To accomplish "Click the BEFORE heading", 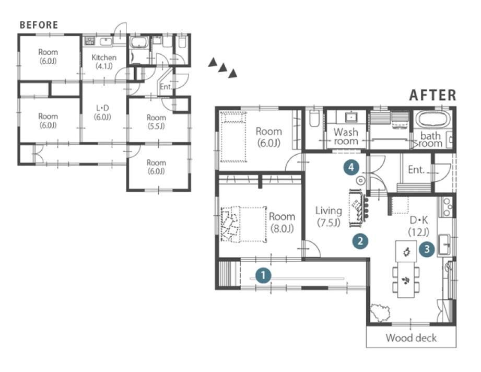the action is [39, 25].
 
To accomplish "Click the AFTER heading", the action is [433, 95].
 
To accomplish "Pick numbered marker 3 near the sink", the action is [427, 249].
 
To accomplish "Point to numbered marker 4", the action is [351, 168].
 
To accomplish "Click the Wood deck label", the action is [411, 338].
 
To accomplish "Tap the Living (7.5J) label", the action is [329, 216].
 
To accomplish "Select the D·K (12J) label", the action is [419, 226].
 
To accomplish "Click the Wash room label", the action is [346, 136].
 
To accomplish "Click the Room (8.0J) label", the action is [282, 222].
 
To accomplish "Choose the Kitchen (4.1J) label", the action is [104, 61].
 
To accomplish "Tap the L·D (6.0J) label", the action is [102, 112].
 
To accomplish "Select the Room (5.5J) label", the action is [156, 122].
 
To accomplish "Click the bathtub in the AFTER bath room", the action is [432, 120].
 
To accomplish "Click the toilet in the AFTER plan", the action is [314, 118].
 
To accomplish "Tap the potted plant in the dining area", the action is [380, 312].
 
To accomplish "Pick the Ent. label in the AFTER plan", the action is [416, 169].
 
